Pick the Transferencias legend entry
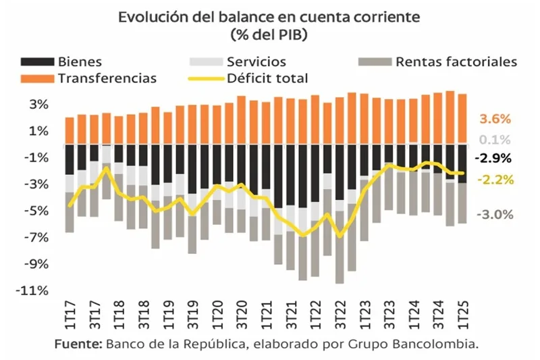pyautogui.click(x=107, y=78)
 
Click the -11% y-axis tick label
pyautogui.click(x=34, y=290)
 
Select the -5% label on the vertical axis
pyautogui.click(x=36, y=211)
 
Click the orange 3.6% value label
pyautogui.click(x=495, y=120)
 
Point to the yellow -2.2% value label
pyautogui.click(x=495, y=180)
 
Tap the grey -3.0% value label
pyautogui.click(x=495, y=215)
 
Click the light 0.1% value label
pyautogui.click(x=495, y=140)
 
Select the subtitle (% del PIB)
pyautogui.click(x=269, y=33)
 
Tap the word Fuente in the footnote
pyautogui.click(x=78, y=344)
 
